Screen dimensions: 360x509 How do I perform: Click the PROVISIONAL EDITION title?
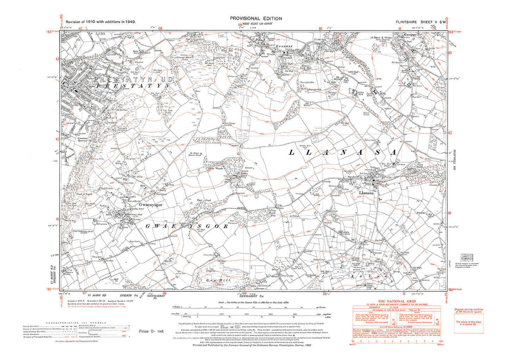tap(256, 18)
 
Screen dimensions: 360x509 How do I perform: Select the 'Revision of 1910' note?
tap(101, 21)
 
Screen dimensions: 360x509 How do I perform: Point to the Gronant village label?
tap(284, 46)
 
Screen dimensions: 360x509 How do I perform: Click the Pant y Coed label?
tap(204, 200)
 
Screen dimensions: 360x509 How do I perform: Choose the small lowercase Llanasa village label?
tap(366, 193)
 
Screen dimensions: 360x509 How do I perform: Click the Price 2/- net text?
tap(151, 331)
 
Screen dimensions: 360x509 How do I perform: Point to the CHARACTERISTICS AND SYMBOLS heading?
tap(76, 323)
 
